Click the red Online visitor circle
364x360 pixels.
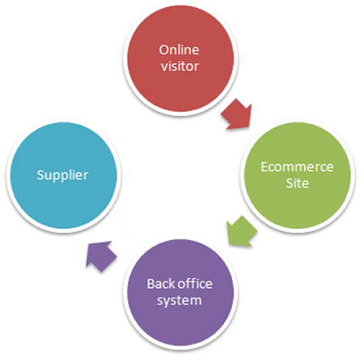[180, 58]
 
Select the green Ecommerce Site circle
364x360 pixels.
[298, 176]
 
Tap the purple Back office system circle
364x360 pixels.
[180, 292]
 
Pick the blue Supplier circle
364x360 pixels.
[63, 176]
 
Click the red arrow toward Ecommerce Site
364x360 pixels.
[237, 114]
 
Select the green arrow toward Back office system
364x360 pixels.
[241, 231]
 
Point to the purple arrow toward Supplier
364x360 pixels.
[100, 256]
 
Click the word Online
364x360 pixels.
[179, 50]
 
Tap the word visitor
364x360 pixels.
[180, 66]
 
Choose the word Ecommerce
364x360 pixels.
[297, 167]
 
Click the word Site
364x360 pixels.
[298, 183]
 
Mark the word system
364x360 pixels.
[180, 301]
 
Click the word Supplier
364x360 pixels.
[62, 176]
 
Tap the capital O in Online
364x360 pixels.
[164, 50]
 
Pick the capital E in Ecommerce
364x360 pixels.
[264, 167]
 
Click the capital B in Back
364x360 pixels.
[150, 284]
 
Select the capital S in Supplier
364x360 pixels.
[40, 175]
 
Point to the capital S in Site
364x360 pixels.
[290, 183]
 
